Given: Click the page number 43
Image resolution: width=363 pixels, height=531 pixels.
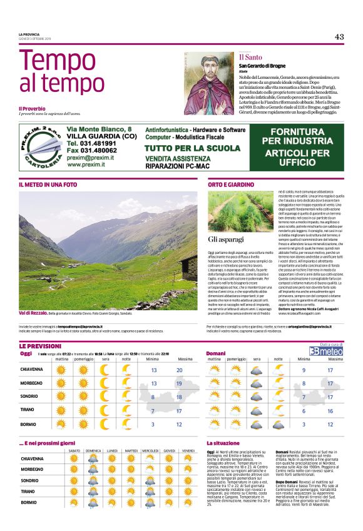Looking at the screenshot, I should [x=339, y=37].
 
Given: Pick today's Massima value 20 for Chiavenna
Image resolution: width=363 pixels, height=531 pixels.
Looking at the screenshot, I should [x=180, y=370].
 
